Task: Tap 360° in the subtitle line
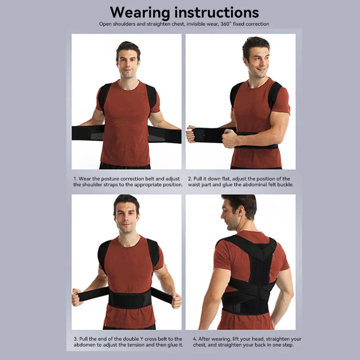click(221, 23)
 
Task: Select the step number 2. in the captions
click(190, 179)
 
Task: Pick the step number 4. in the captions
click(195, 339)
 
